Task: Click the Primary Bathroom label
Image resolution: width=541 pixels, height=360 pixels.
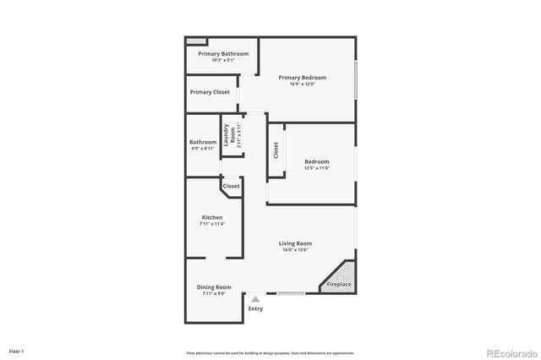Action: (223, 54)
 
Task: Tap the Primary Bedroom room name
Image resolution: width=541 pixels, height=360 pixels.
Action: (302, 78)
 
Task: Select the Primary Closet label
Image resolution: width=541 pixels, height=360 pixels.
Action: (210, 92)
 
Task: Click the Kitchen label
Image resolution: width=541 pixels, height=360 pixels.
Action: (211, 217)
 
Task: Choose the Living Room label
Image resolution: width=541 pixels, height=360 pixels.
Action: (296, 243)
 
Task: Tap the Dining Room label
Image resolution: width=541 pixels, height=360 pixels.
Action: (214, 287)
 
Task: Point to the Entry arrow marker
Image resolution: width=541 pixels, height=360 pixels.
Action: (255, 299)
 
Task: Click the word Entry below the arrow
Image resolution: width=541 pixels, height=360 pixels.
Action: (255, 308)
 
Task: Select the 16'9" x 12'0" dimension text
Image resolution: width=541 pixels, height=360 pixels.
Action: (302, 85)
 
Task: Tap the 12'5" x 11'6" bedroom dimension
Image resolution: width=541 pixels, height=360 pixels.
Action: (317, 168)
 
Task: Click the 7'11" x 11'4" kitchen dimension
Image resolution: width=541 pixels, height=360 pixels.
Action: (211, 224)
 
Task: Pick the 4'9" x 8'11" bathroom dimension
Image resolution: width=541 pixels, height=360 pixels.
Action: (203, 149)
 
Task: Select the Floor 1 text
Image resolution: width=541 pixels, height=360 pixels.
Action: (16, 351)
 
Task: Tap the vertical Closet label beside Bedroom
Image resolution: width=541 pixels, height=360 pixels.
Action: (276, 150)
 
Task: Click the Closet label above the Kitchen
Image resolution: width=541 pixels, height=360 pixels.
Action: (231, 186)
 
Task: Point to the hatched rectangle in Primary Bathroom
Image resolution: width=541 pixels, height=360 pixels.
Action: (197, 40)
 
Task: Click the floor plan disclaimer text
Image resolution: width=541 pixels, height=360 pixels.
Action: (270, 352)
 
